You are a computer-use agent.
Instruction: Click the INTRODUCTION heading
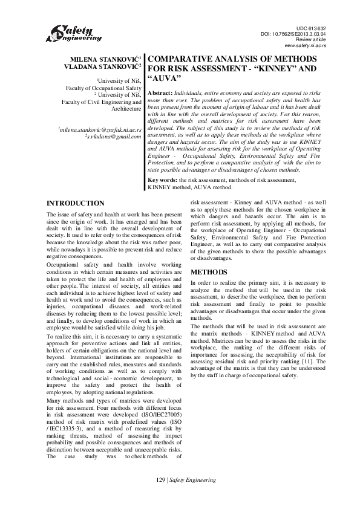pos(75,203)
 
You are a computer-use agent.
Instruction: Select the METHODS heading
pos(209,272)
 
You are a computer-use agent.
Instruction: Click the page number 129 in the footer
pos(160,496)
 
